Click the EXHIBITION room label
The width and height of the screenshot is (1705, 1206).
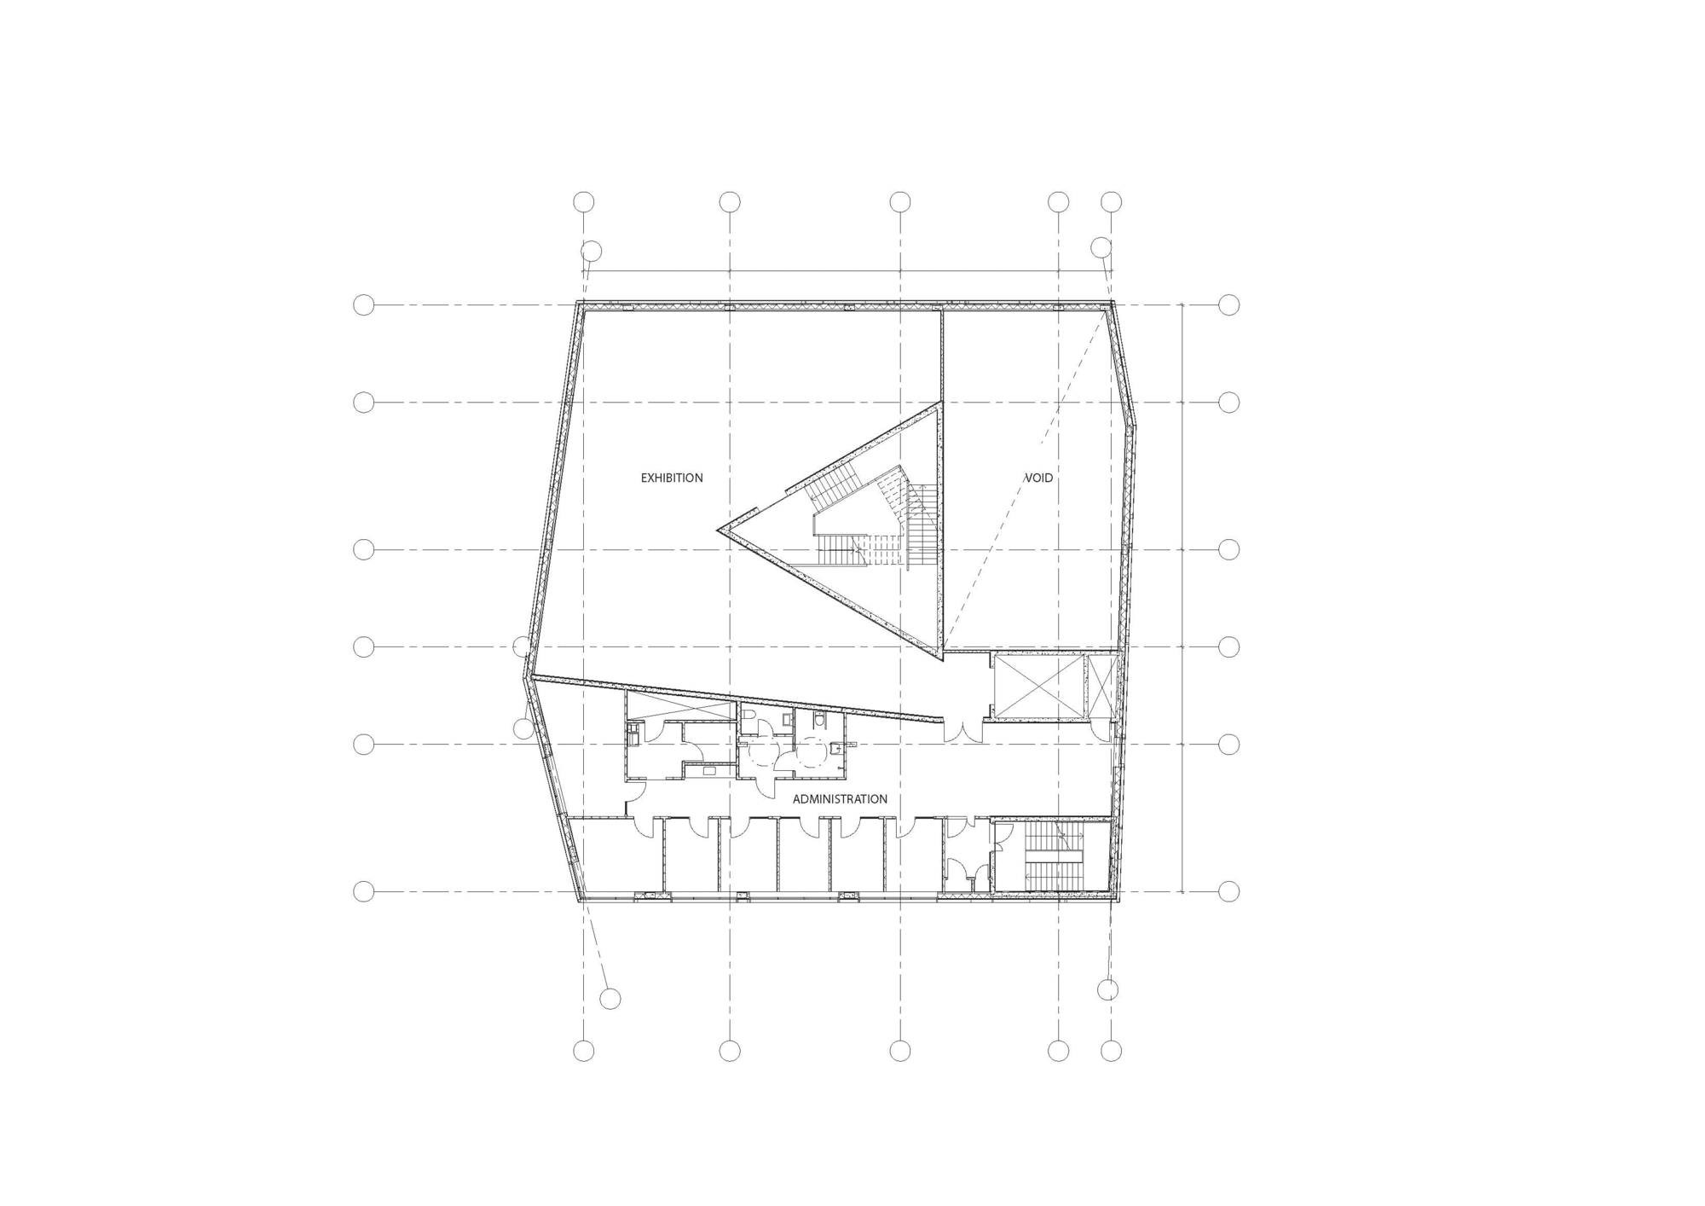[x=672, y=478]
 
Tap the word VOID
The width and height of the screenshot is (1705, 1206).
[x=1038, y=478]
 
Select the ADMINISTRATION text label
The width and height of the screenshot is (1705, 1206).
[x=840, y=799]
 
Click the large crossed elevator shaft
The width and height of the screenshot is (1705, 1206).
[x=1038, y=687]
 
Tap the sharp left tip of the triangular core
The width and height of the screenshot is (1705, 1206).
[x=718, y=531]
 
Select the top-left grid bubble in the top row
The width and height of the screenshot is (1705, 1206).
[x=583, y=202]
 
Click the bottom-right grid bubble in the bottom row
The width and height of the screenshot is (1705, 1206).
[x=1111, y=1051]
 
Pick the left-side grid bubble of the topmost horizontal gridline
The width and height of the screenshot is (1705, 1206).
[x=364, y=304]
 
